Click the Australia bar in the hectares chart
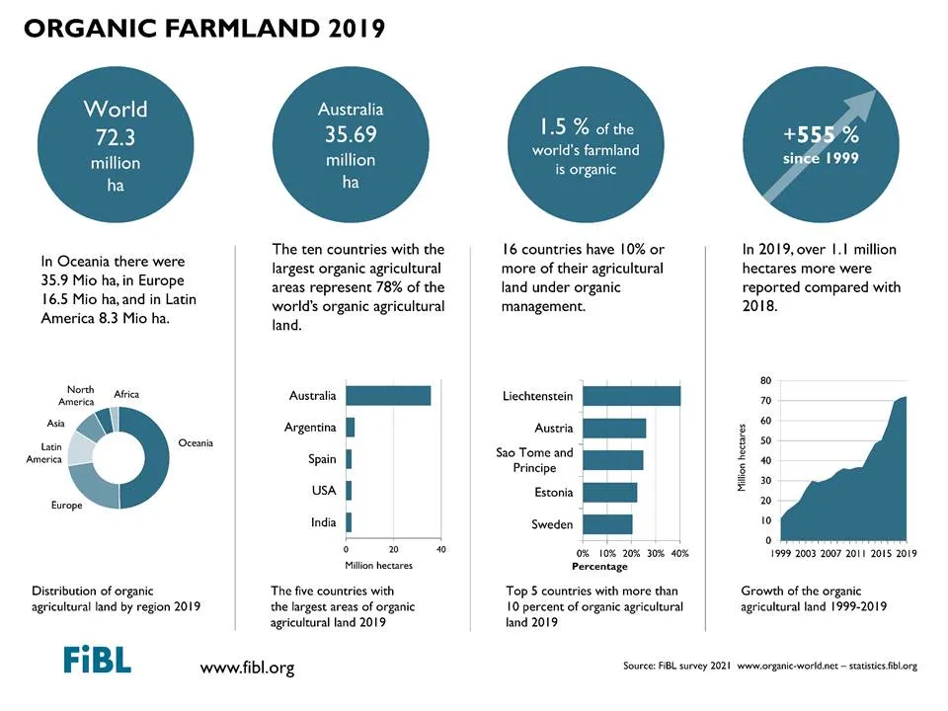tap(388, 395)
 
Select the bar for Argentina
tap(350, 427)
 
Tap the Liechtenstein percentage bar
tap(632, 396)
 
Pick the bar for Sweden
tap(607, 524)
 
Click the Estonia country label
tap(553, 492)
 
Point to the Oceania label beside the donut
tap(196, 443)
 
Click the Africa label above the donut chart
tap(126, 394)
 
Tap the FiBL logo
tap(97, 660)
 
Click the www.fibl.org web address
tap(247, 668)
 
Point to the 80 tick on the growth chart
tap(766, 380)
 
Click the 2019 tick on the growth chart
tap(907, 553)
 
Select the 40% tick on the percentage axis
tap(680, 553)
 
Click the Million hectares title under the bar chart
tap(378, 565)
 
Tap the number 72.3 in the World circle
tap(116, 137)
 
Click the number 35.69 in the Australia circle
tap(351, 133)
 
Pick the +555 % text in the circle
tap(821, 134)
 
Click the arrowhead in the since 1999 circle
tap(861, 104)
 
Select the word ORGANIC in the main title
tap(90, 29)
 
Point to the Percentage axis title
tap(599, 567)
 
